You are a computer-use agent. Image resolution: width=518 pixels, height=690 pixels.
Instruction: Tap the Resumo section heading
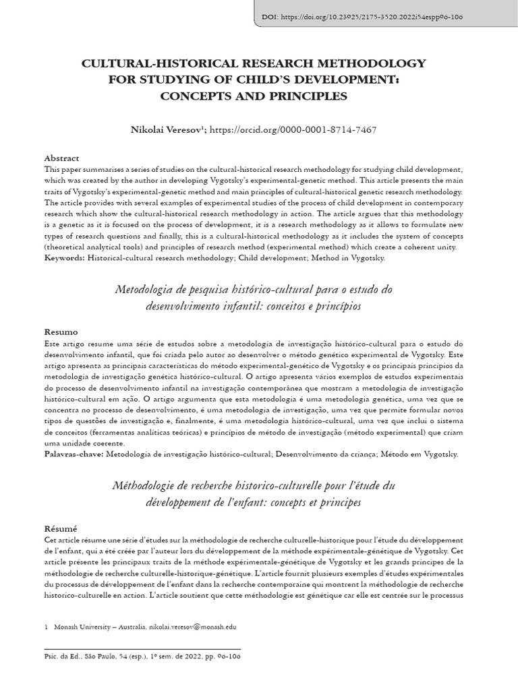(61, 332)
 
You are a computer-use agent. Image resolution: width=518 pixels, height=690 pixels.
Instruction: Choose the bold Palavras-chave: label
(74, 454)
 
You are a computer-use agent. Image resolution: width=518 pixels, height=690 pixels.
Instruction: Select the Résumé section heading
(61, 528)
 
